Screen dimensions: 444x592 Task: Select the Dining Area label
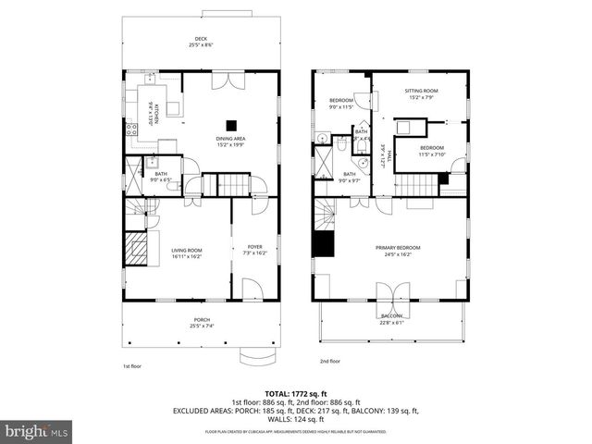coord(231,141)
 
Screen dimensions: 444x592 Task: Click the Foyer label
coord(253,249)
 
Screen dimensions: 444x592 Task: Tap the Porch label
coord(201,323)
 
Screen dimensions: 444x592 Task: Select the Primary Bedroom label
coord(398,250)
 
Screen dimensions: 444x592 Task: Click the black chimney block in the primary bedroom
coord(323,244)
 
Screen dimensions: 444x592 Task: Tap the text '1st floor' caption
coord(133,366)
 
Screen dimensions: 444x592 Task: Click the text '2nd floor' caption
coord(330,361)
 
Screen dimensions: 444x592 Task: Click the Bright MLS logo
coord(37,431)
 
